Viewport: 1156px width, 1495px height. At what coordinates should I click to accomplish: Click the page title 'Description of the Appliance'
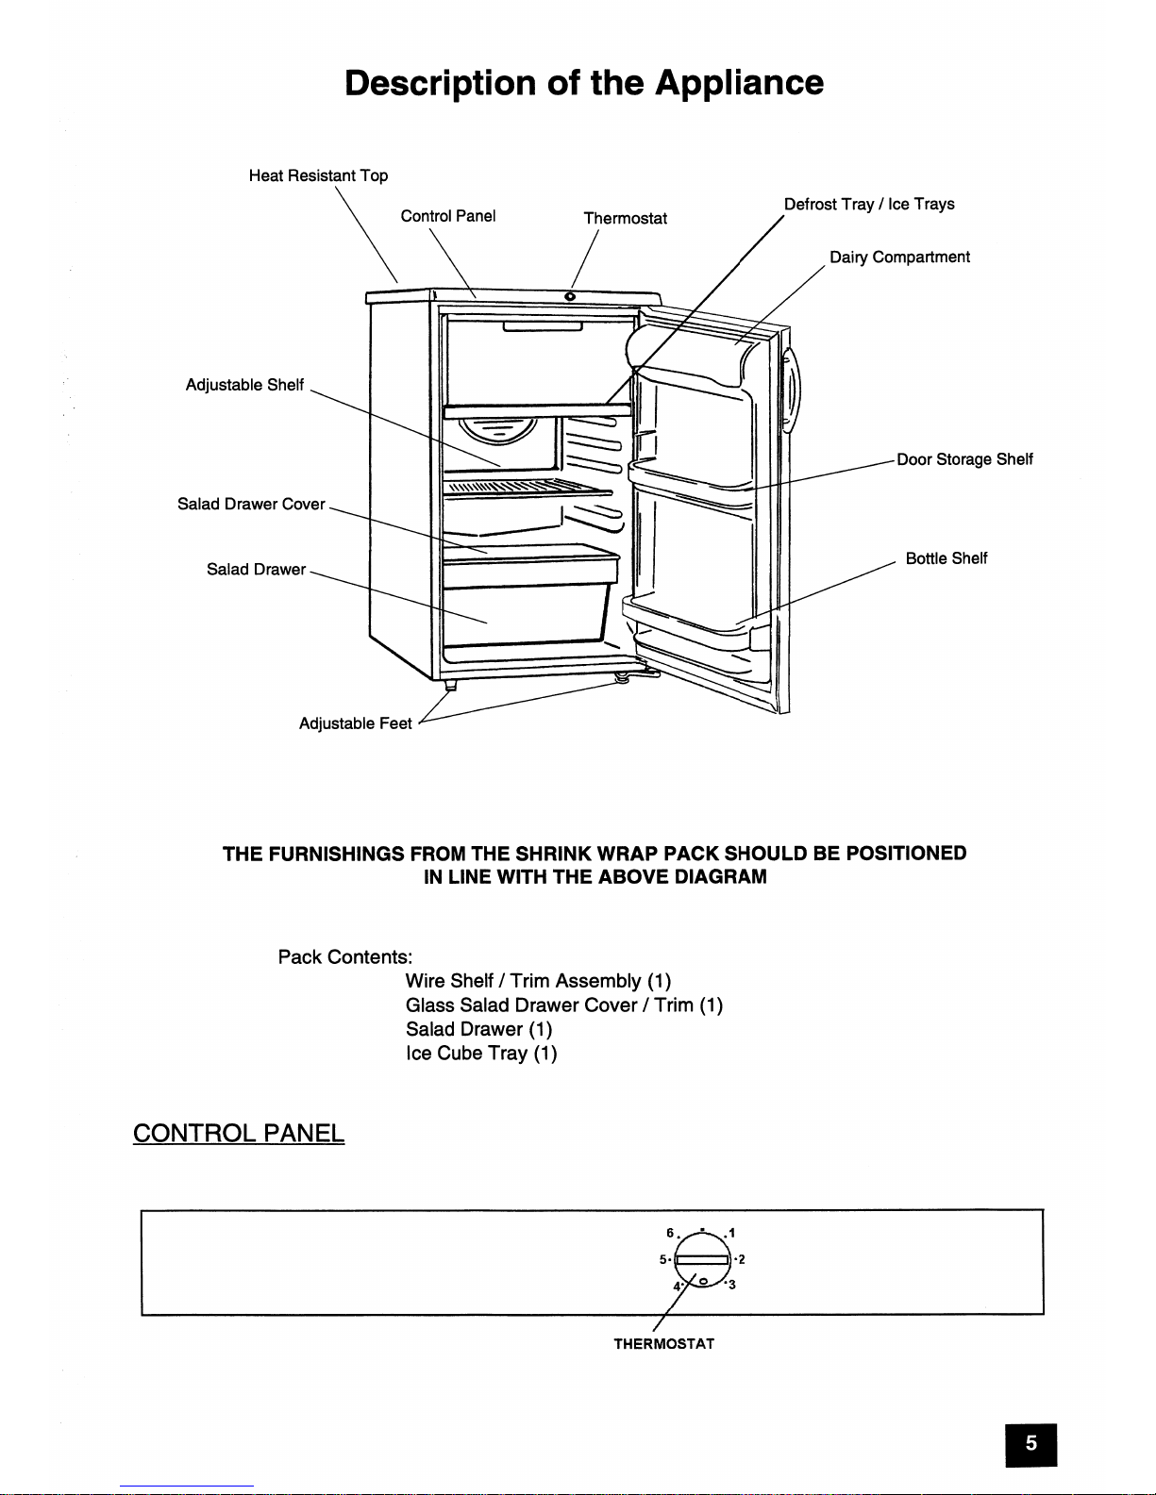click(x=583, y=83)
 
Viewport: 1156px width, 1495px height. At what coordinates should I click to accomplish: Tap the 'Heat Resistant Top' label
click(x=318, y=175)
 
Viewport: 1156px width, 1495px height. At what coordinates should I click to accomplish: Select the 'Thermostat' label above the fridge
click(x=625, y=218)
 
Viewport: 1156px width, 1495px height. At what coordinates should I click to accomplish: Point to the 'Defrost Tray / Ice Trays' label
click(x=869, y=204)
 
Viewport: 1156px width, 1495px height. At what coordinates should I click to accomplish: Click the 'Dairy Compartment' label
click(x=899, y=257)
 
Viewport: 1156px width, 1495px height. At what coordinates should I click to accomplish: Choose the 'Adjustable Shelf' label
click(x=244, y=384)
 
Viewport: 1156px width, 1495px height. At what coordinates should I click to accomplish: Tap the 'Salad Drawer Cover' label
click(x=251, y=504)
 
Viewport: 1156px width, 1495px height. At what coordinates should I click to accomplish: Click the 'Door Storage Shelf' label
click(x=964, y=459)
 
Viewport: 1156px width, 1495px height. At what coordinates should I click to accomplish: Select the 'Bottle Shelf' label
click(x=946, y=558)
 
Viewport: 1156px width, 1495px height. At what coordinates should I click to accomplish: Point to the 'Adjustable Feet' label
click(x=355, y=723)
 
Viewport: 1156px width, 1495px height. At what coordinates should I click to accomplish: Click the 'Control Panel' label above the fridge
click(x=448, y=216)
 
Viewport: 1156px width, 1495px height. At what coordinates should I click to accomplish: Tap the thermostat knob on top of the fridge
click(x=570, y=297)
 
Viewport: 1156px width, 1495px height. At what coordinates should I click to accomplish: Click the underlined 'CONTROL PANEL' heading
click(x=239, y=1133)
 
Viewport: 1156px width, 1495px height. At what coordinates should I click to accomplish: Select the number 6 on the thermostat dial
click(x=670, y=1233)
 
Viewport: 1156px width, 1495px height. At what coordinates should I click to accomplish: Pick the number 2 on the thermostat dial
click(x=742, y=1259)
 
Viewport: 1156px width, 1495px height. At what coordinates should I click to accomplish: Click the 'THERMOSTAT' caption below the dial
click(x=663, y=1344)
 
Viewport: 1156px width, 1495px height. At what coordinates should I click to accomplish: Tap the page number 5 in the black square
click(x=1030, y=1443)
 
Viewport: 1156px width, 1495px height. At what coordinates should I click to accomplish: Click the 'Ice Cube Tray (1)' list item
click(x=481, y=1054)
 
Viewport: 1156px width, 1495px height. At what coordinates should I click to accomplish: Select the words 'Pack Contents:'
click(x=345, y=957)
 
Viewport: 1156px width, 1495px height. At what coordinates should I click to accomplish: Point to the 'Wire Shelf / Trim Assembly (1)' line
click(x=538, y=981)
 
